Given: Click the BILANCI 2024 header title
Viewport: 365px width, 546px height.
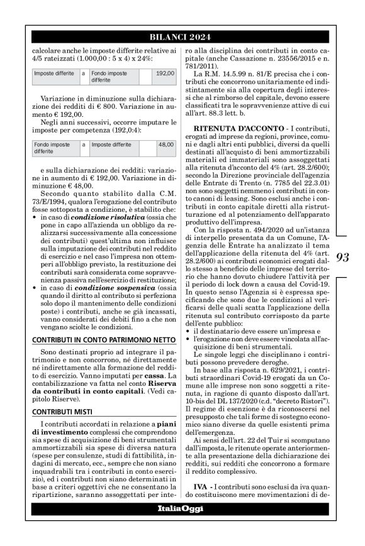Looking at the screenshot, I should tap(182, 35).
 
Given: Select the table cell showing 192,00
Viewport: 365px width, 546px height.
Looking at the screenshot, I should tap(164, 74).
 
